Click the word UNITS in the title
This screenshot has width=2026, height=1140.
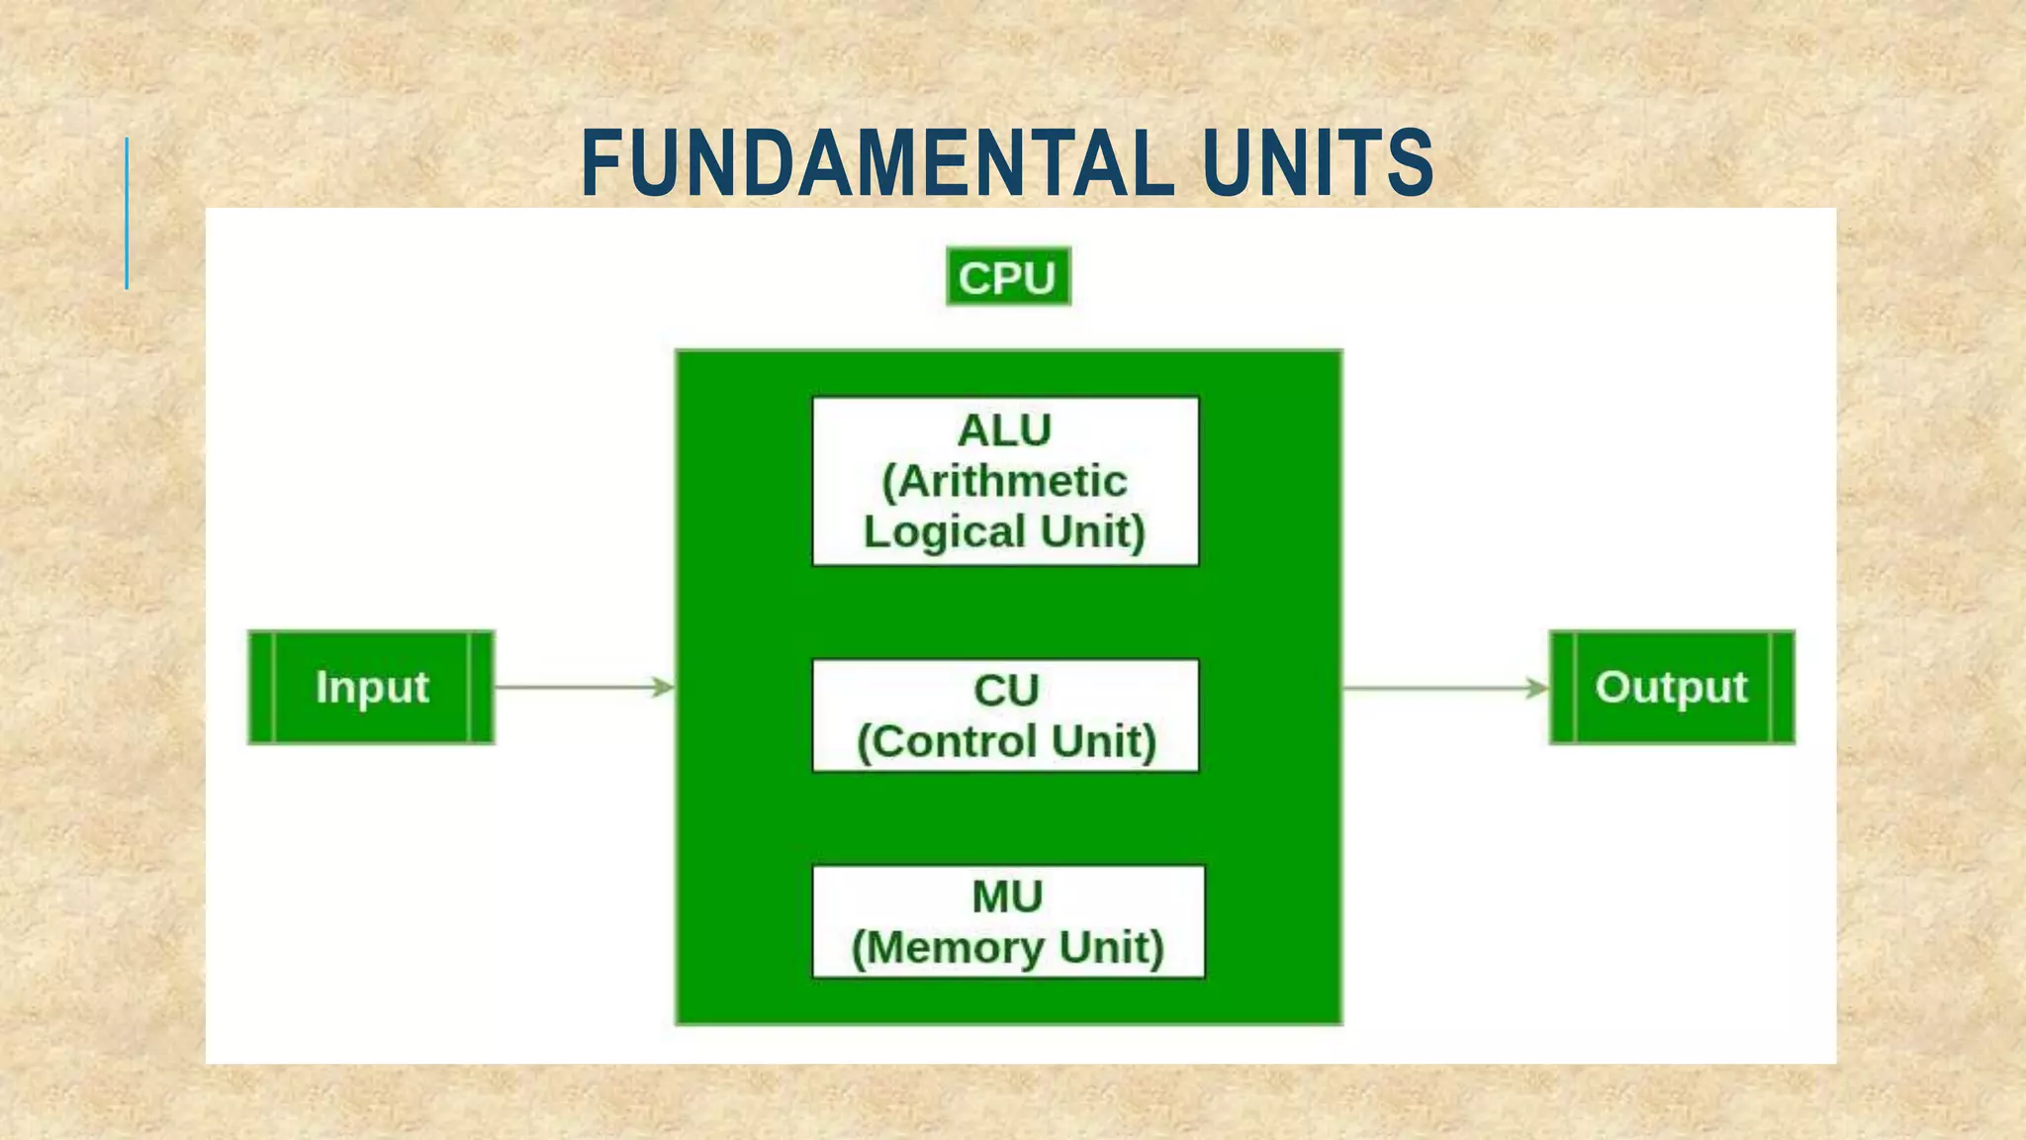1318,163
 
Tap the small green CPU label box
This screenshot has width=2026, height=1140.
1008,277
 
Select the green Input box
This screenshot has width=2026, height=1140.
371,687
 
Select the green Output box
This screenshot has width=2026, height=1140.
1671,687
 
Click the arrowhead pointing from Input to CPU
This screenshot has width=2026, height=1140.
663,687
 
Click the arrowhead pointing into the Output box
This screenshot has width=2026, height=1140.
1537,688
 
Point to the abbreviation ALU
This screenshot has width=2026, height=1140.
1004,430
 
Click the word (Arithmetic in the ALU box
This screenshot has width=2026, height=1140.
1004,482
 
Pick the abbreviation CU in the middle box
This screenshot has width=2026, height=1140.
1005,691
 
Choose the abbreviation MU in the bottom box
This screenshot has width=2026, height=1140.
1007,898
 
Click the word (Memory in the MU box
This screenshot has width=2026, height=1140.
949,948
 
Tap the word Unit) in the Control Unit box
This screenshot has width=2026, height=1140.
1104,742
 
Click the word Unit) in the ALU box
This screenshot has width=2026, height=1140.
1093,532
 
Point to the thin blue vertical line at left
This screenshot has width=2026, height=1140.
127,213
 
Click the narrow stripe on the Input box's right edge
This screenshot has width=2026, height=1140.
481,687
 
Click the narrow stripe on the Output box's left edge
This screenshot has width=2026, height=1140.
1562,687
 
